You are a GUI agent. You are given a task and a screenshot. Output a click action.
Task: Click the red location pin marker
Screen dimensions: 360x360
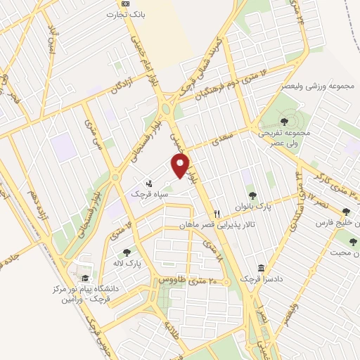[181, 166]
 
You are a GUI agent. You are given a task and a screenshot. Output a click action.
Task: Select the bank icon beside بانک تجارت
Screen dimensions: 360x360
[126, 4]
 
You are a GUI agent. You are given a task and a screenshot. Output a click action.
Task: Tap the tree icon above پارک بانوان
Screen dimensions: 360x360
[252, 195]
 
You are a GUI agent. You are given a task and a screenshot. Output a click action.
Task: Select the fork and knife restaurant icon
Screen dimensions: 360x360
[218, 214]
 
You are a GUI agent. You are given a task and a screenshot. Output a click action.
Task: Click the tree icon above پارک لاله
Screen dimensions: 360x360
[127, 252]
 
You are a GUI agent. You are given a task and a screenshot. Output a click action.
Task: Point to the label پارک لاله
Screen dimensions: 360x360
[127, 263]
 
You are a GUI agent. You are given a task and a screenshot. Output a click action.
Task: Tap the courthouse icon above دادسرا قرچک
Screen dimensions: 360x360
[262, 268]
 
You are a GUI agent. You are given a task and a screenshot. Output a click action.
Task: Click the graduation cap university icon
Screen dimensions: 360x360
[85, 277]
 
